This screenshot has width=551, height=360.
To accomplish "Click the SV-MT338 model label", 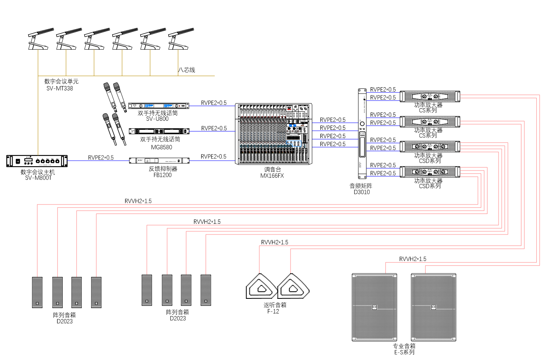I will click(60, 88).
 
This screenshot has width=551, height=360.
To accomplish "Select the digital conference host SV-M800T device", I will click(37, 161).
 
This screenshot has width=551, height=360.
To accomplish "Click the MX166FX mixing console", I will click(274, 134).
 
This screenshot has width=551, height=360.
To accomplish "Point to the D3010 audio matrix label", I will click(362, 192).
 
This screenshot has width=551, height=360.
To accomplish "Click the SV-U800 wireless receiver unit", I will click(159, 106).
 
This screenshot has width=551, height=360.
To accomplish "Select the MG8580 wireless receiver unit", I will click(159, 131).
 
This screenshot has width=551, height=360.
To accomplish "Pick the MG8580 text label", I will click(161, 147).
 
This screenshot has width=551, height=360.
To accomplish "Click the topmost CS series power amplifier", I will click(430, 96).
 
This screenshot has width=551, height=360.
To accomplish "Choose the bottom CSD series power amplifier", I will click(430, 172).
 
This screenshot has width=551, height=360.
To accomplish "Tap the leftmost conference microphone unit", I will click(40, 39).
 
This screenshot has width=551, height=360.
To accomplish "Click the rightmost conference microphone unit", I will click(180, 39).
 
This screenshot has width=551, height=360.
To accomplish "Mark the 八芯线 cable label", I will click(187, 70).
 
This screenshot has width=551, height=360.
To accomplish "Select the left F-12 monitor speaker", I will click(261, 287).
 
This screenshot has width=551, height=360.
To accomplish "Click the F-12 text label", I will click(273, 311).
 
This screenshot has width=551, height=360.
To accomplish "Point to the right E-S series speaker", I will click(433, 307).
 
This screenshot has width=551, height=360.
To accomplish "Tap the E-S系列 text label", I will click(405, 352).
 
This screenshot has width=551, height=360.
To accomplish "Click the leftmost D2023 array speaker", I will click(37, 292).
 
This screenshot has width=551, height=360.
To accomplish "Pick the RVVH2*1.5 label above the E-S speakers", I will click(412, 259).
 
